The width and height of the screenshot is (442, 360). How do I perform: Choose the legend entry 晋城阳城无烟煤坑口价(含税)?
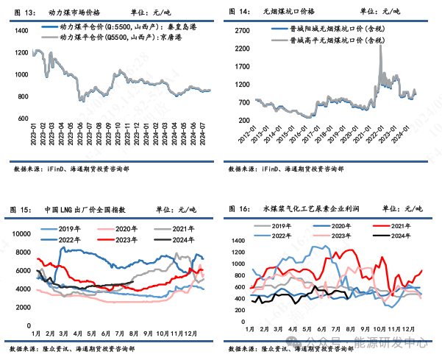tap(338, 27)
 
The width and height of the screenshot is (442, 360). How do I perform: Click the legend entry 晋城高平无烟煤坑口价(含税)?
tap(338, 38)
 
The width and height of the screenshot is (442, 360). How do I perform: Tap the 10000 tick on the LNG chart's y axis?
tap(19, 234)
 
